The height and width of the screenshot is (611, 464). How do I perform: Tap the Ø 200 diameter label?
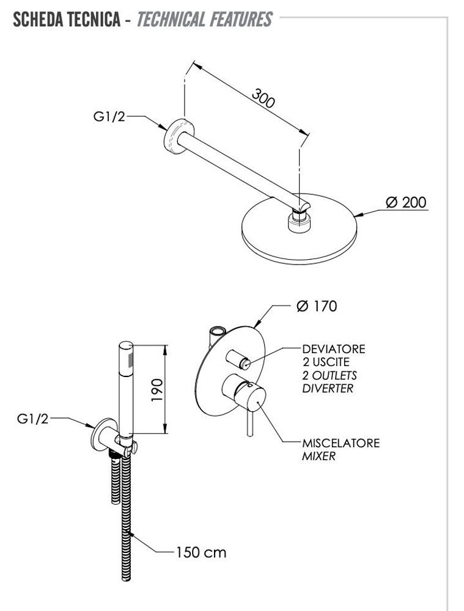tap(406, 202)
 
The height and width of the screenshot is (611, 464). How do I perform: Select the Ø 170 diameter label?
tap(316, 306)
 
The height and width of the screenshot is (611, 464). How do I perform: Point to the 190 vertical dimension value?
tap(157, 389)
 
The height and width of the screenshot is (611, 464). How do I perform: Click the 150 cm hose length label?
tap(201, 552)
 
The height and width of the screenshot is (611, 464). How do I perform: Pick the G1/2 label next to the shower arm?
tap(109, 117)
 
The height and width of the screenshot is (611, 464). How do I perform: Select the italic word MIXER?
tap(319, 456)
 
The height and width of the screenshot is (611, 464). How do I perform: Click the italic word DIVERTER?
tap(328, 389)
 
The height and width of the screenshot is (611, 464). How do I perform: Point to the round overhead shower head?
tap(300, 232)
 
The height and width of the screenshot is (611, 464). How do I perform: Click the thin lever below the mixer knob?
tap(249, 424)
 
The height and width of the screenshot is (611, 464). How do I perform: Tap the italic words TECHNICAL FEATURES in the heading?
tap(204, 20)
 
